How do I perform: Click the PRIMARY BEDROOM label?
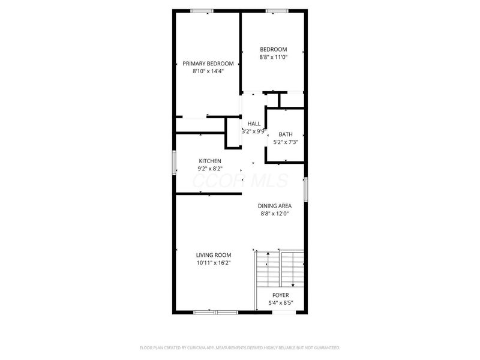click(x=208, y=63)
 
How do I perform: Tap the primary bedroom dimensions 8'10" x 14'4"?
click(x=208, y=71)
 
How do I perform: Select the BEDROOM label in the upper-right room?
click(x=273, y=49)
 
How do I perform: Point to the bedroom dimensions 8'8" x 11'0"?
click(x=273, y=57)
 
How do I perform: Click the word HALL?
click(x=254, y=123)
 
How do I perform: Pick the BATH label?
click(x=286, y=134)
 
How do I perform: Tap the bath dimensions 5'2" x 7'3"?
click(x=286, y=142)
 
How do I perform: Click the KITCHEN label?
click(x=210, y=161)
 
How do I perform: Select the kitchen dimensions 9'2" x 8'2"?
click(x=210, y=169)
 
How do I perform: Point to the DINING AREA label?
click(x=275, y=205)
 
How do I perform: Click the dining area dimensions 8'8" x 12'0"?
click(x=275, y=213)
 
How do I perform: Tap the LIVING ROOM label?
click(x=213, y=254)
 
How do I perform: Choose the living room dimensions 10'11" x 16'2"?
click(x=213, y=262)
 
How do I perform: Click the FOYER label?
click(x=280, y=295)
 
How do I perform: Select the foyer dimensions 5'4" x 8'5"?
click(x=280, y=303)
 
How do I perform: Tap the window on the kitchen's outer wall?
click(x=175, y=162)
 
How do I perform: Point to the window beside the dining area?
click(x=305, y=190)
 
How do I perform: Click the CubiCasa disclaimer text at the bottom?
click(x=240, y=347)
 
